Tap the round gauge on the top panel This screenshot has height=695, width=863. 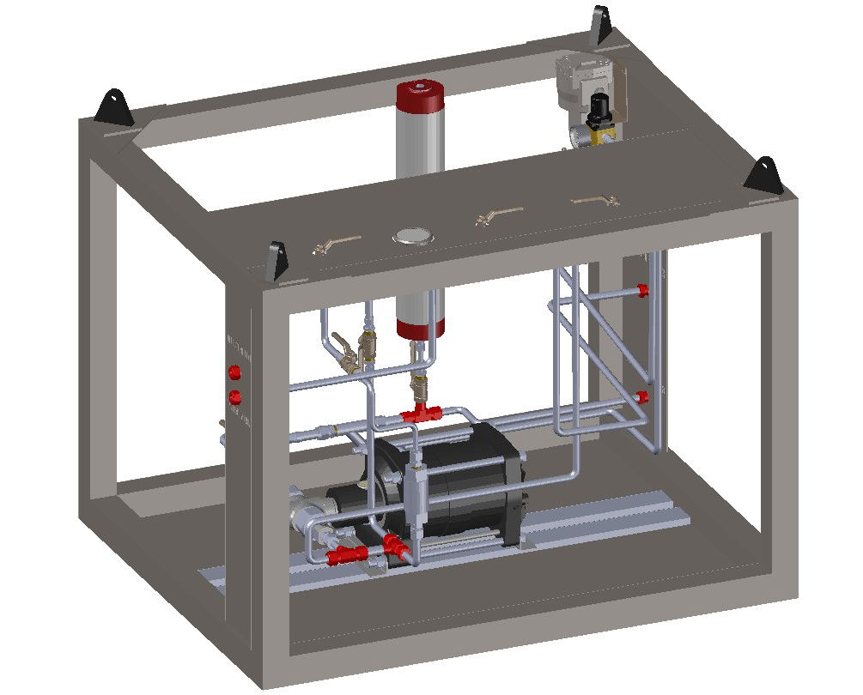[x=412, y=235]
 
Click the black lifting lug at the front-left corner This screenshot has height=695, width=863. [x=277, y=259]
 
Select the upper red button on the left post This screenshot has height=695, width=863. [x=234, y=372]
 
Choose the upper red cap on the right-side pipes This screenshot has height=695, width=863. [x=642, y=291]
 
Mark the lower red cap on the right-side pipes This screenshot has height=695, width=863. [x=642, y=396]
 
